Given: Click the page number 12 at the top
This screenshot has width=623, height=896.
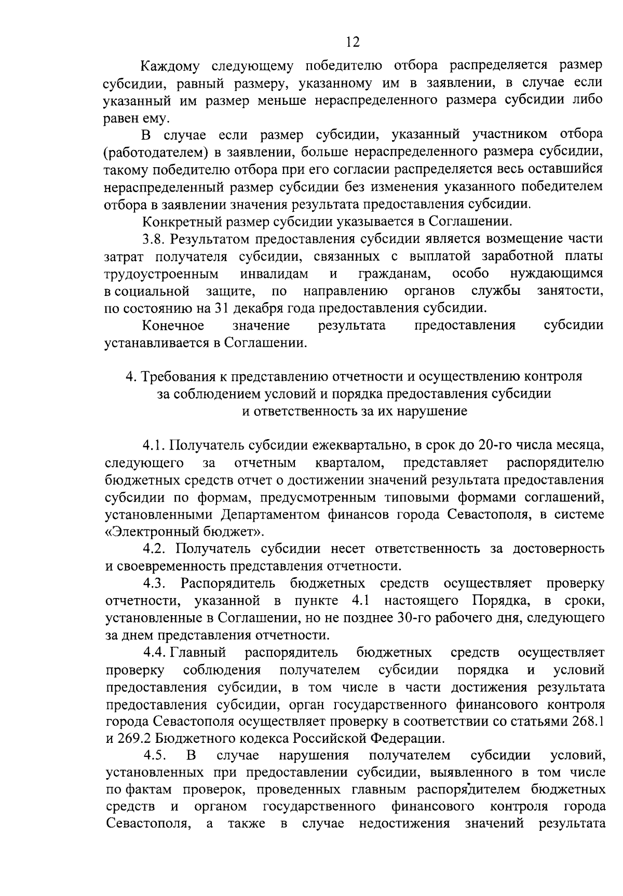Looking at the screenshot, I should click(x=353, y=42).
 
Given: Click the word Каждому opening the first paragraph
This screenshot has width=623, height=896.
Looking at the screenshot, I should click(x=171, y=66).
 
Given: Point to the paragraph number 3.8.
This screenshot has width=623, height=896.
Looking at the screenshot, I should click(x=154, y=239).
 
